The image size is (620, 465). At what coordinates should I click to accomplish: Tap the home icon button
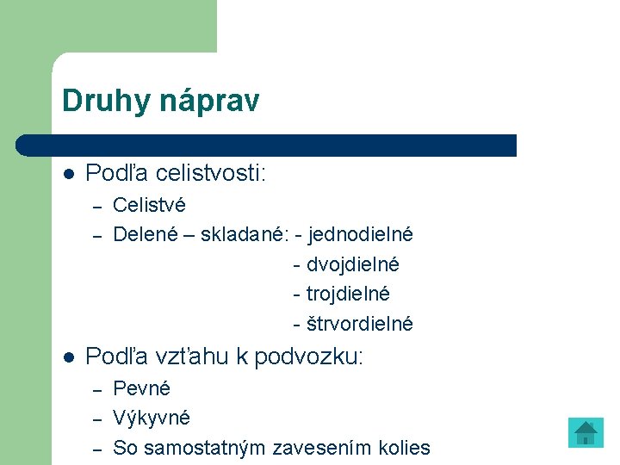pos(586,432)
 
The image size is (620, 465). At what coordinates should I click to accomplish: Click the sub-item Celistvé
pos(149,205)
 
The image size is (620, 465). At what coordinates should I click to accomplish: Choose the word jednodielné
pos(360,234)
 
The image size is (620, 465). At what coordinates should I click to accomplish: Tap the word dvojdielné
pos(352,264)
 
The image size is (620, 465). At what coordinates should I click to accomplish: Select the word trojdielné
pos(348,294)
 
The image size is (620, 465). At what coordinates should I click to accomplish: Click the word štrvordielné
pos(359,324)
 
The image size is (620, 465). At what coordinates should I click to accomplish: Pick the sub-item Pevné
pos(142,388)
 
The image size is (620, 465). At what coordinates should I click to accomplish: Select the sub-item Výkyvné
pos(152,418)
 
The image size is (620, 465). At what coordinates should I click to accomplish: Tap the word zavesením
pos(322,448)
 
